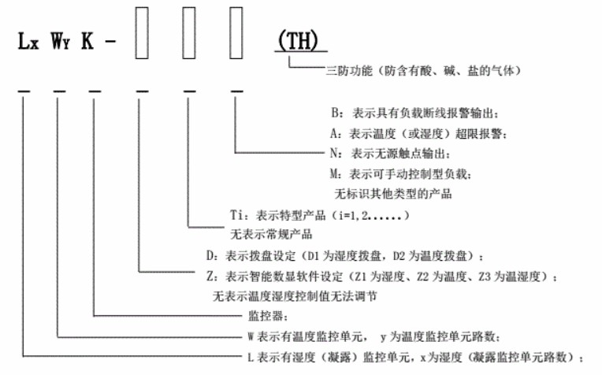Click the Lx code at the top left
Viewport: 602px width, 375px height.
(x=30, y=42)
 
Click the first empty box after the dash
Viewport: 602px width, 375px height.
(x=142, y=32)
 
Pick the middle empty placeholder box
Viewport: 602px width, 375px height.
(x=190, y=32)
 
